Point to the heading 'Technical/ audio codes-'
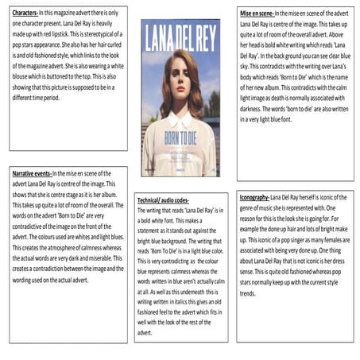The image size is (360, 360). (162, 200)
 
